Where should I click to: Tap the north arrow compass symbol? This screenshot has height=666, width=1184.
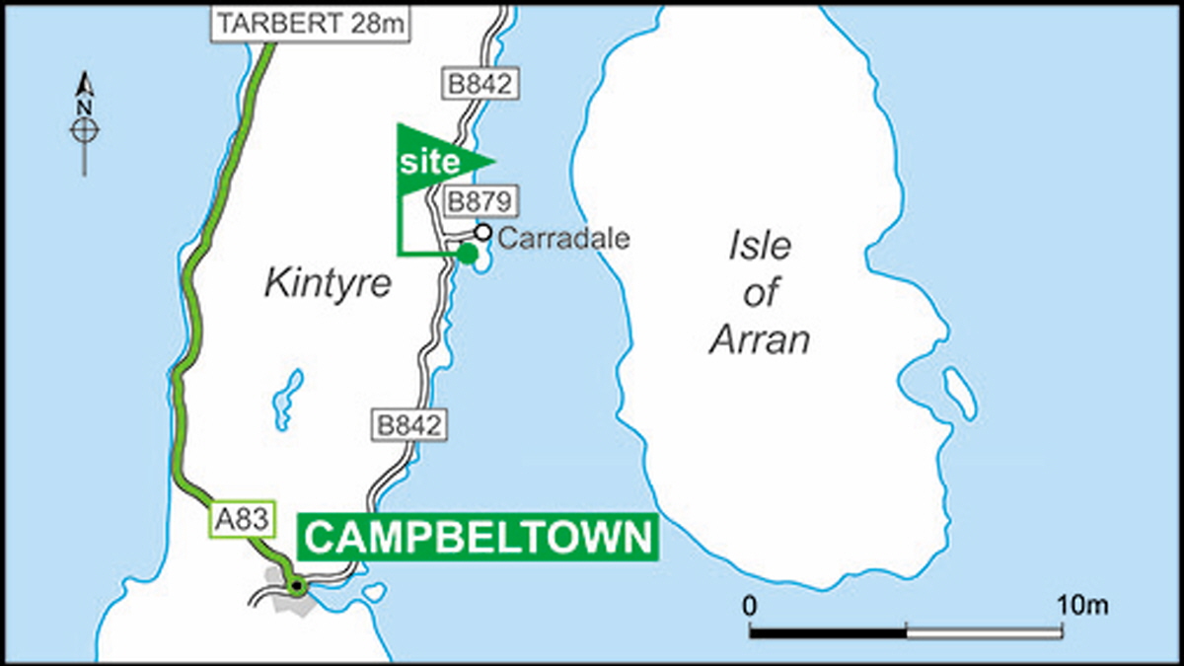coord(85,125)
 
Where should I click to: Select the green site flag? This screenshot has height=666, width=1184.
coord(434,161)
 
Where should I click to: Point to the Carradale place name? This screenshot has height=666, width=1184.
coord(563,238)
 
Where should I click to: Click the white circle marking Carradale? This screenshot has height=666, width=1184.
coord(482,233)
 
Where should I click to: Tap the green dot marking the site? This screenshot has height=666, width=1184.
coord(468,254)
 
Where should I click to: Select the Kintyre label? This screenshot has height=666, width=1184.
coord(328,284)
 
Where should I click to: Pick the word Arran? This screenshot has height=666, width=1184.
coord(761,338)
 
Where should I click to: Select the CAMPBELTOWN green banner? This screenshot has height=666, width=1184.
coord(478,539)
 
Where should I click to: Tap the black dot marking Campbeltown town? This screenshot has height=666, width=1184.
coord(295,587)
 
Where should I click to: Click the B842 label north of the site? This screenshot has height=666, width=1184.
coord(479,84)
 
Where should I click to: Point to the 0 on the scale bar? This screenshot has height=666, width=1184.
coord(750,605)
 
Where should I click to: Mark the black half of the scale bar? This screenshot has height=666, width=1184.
coord(827,631)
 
